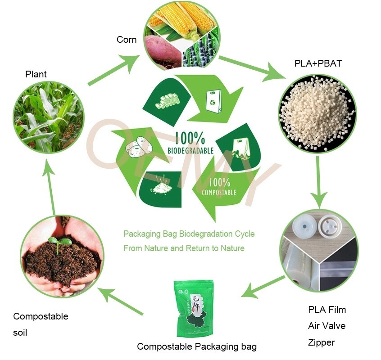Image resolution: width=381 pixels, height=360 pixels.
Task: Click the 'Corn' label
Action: [x=127, y=40]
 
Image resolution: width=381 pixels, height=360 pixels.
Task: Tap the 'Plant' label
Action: [x=36, y=74]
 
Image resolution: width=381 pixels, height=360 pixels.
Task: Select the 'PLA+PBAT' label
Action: [x=318, y=63]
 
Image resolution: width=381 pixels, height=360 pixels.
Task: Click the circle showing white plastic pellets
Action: [x=317, y=114]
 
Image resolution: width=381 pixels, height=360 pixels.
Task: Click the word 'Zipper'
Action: [x=321, y=342]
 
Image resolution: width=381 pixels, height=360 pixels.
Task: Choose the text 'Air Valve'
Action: [x=327, y=326]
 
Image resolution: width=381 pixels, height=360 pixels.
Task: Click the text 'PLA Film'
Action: [x=327, y=310]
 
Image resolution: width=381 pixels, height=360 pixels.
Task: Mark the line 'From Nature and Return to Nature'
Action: [x=184, y=248]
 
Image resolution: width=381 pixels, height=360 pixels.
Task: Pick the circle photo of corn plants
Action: [x=48, y=117]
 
